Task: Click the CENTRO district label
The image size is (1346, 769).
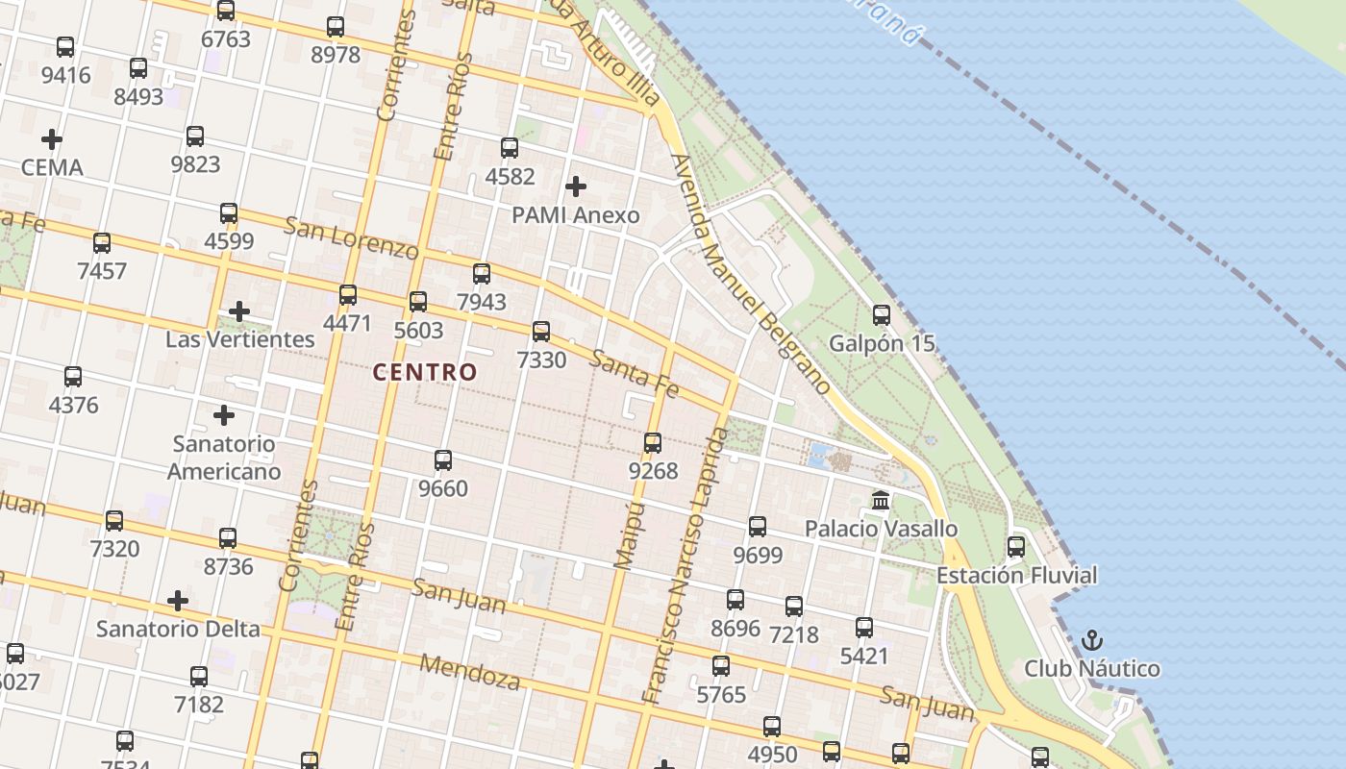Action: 425,372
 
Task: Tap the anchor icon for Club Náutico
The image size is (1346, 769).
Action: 1092,640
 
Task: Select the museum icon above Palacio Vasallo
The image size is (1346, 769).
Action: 881,500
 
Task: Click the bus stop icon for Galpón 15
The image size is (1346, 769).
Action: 882,315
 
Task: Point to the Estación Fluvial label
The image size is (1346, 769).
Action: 1016,576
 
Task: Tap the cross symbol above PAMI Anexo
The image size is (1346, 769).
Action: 576,186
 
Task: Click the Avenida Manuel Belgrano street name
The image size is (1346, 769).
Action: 752,276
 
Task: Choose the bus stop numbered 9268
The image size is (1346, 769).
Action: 653,443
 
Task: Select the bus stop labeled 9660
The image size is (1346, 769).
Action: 443,460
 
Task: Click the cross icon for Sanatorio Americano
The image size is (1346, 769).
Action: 224,415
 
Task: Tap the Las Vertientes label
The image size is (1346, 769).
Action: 239,339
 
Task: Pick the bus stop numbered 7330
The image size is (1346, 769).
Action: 541,332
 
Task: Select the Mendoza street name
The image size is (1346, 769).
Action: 470,673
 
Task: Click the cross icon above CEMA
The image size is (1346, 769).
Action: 52,139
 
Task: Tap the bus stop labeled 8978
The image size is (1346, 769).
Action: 336,27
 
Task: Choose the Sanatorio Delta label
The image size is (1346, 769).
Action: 178,629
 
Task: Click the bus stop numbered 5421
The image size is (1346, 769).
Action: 864,628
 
